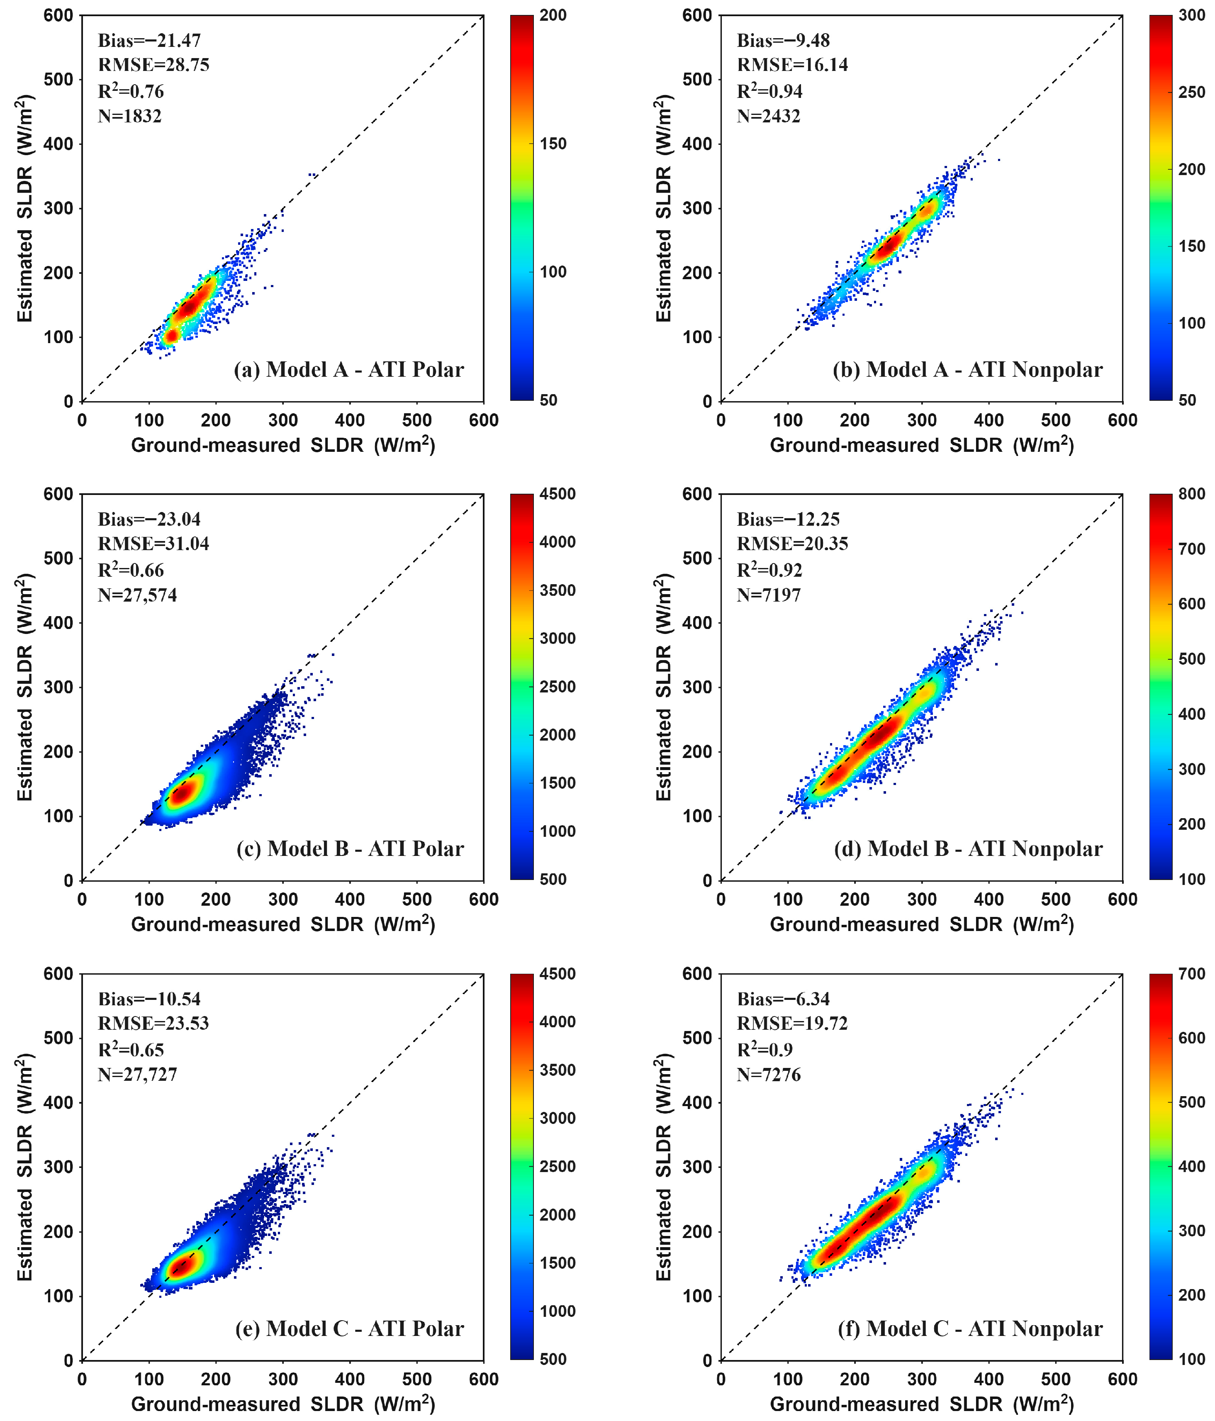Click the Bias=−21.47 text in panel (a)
[149, 41]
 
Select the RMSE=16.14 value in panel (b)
[792, 65]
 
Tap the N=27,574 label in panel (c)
[137, 595]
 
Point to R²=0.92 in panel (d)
[769, 570]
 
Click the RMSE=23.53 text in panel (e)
[153, 1023]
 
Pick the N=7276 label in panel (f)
[768, 1075]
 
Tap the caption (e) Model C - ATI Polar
[349, 1328]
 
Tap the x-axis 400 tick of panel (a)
[350, 420]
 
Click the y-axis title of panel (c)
[25, 687]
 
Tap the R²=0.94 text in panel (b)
[769, 91]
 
